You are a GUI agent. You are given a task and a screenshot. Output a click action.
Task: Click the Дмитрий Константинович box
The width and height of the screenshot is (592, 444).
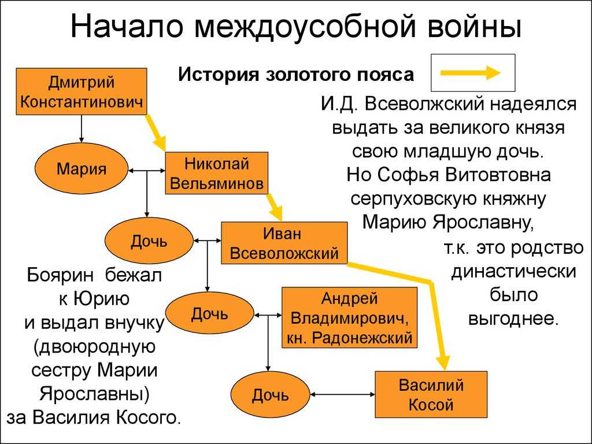(81, 91)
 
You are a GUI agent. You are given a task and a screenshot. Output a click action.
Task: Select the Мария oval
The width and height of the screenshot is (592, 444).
(81, 168)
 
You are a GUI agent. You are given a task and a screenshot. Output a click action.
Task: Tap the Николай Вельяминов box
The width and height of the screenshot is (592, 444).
(216, 173)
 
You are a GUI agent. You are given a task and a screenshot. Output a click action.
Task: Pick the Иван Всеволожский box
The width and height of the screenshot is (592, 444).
(284, 243)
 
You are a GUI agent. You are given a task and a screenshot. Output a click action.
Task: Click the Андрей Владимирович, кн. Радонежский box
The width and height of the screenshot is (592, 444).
(350, 317)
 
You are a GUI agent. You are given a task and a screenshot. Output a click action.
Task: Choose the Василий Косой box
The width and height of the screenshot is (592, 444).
(431, 394)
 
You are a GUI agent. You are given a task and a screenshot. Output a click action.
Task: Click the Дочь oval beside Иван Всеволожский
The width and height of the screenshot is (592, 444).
(149, 241)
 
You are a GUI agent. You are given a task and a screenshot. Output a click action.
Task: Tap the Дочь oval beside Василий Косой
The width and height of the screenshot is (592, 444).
(271, 395)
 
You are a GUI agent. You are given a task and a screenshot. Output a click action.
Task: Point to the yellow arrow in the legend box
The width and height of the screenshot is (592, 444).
(471, 72)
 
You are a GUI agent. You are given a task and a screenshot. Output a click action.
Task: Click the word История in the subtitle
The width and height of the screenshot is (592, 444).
(219, 74)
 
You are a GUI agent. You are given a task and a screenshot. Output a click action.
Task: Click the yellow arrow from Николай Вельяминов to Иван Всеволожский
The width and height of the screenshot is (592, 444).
(275, 208)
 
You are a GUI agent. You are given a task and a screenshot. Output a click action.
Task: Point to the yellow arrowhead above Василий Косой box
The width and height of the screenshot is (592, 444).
(444, 362)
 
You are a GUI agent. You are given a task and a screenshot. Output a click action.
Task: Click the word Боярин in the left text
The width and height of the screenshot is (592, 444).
(60, 275)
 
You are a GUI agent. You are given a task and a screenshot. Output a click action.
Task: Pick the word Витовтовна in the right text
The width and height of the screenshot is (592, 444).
(498, 175)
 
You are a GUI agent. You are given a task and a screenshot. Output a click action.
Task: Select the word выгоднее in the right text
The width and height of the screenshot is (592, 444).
(513, 319)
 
